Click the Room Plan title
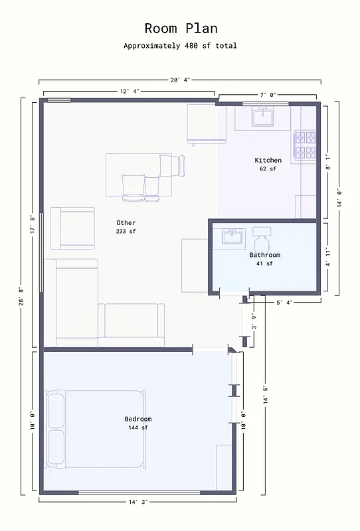click(x=180, y=29)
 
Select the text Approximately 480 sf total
click(x=180, y=46)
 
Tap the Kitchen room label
click(x=268, y=160)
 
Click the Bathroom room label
click(x=264, y=255)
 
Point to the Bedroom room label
click(x=138, y=419)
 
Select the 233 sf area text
click(x=126, y=232)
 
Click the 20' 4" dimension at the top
click(x=180, y=80)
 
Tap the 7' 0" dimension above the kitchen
click(x=267, y=95)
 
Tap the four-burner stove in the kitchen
click(x=305, y=146)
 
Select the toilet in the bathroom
click(x=262, y=238)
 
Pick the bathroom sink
click(x=233, y=236)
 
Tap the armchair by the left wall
click(x=72, y=228)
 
